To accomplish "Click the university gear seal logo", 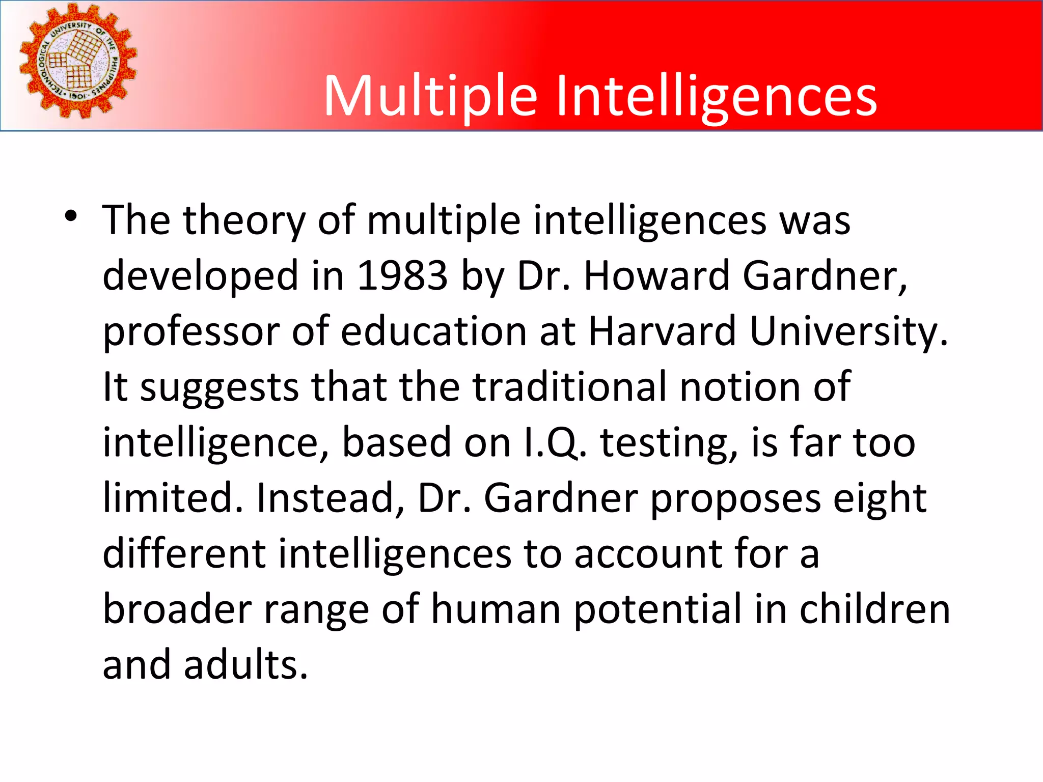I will pyautogui.click(x=78, y=61).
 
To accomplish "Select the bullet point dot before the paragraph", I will pyautogui.click(x=71, y=216).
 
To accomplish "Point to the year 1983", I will pyautogui.click(x=402, y=276).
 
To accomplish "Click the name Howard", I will pyautogui.click(x=657, y=276).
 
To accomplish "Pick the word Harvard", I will pyautogui.click(x=662, y=331).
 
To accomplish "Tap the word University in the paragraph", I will pyautogui.click(x=848, y=331).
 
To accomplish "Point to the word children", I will pyautogui.click(x=874, y=609).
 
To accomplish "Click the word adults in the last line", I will pyautogui.click(x=246, y=665).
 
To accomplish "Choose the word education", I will pyautogui.click(x=433, y=331).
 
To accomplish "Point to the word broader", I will pyautogui.click(x=177, y=609).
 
